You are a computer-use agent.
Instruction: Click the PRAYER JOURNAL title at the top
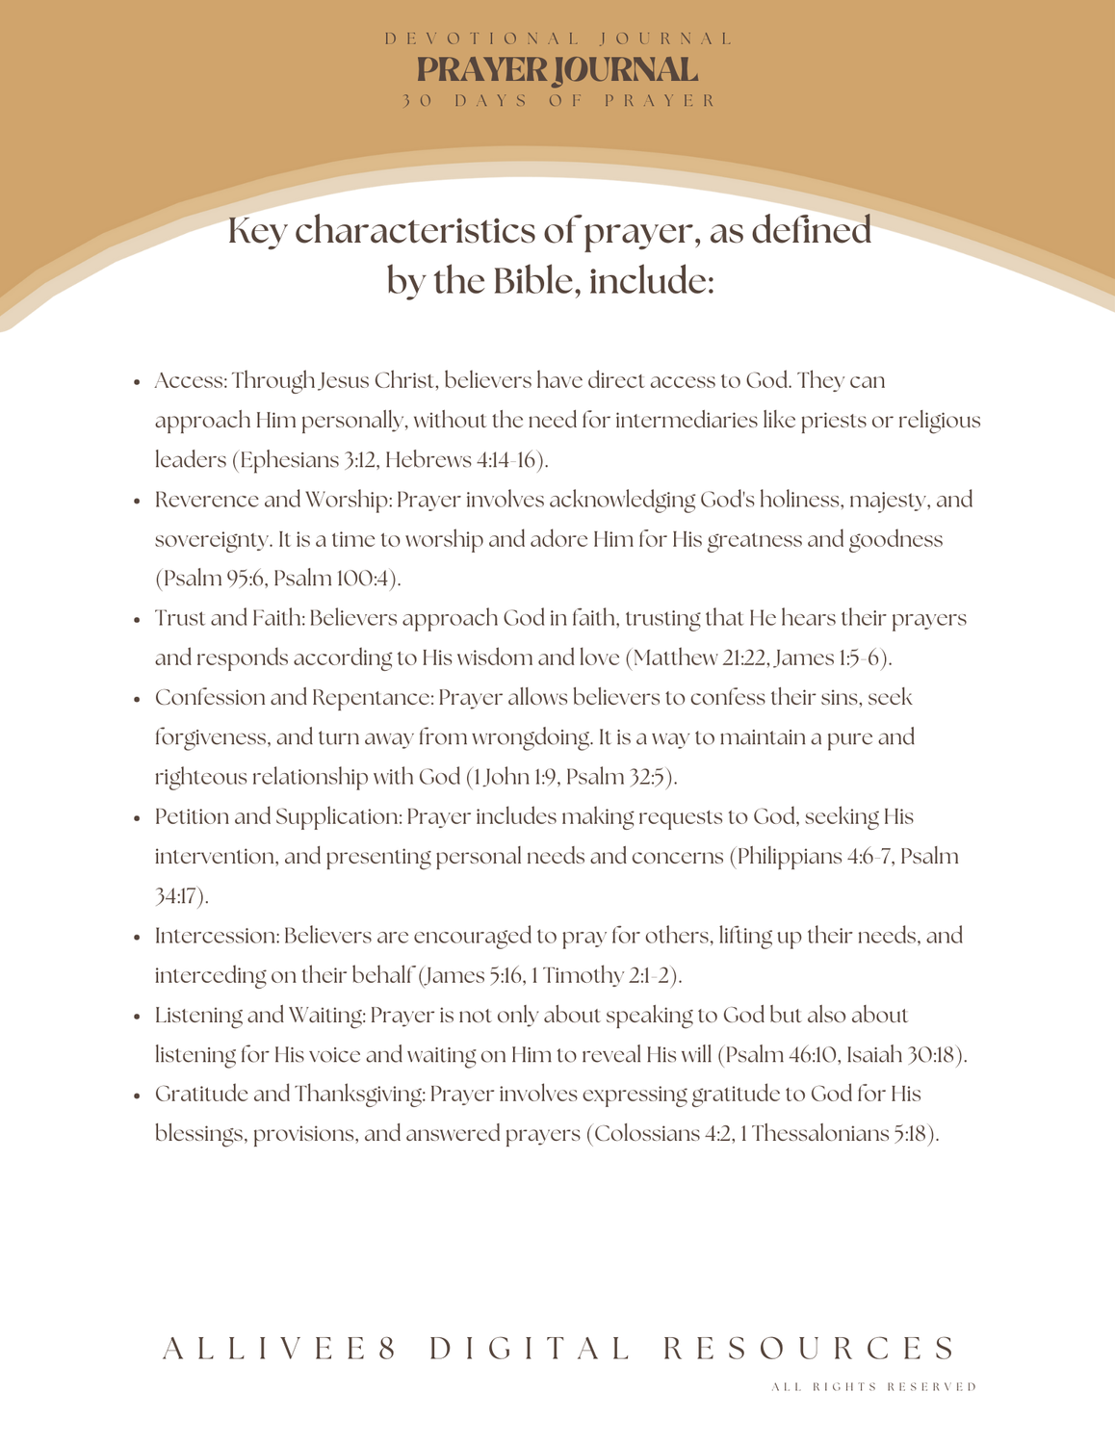[557, 70]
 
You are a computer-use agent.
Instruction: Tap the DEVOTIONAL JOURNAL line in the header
[557, 39]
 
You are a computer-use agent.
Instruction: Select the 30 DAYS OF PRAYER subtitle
[557, 101]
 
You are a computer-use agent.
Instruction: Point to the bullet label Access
[189, 381]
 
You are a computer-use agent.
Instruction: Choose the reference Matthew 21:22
[700, 658]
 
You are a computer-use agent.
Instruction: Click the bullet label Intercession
[216, 937]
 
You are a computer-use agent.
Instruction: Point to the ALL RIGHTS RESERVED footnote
[874, 1387]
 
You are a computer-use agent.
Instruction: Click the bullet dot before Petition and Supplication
[138, 818]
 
